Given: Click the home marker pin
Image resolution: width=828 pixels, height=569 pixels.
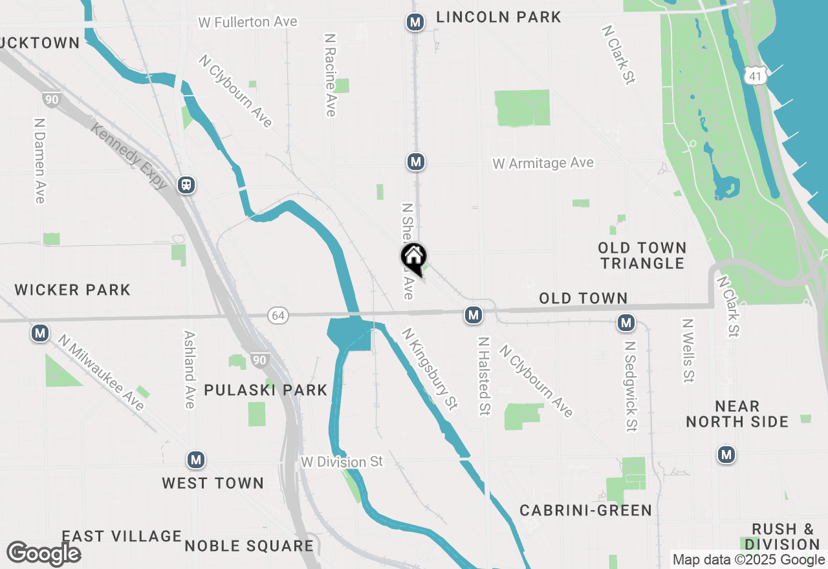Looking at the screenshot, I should coord(413,258).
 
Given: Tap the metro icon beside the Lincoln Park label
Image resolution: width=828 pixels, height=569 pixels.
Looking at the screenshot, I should coord(415,23).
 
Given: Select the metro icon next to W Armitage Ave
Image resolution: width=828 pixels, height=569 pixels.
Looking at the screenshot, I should coord(416,162).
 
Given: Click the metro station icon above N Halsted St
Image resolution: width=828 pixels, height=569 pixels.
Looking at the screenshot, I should coord(474,315).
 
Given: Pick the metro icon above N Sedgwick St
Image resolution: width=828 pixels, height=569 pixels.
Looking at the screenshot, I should coord(626,322).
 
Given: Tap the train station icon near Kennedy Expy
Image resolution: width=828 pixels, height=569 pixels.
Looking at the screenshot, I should coord(186,185).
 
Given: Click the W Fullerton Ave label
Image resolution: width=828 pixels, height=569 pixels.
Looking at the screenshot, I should coord(248,22).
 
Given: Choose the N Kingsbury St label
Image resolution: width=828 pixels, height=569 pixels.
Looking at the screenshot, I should coord(430,368).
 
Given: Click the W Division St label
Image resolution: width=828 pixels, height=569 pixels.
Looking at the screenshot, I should coord(342,462).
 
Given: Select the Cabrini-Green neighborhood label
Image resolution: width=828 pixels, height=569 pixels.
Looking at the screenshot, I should coord(586,510).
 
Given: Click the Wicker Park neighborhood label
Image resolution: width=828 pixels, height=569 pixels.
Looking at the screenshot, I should coord(72,289).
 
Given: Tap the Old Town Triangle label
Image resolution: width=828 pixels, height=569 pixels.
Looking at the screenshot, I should coord(642,255).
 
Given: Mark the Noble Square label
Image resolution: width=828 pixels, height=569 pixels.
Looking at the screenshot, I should coord(249,546).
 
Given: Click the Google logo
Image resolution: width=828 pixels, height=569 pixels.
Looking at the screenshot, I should coord(43,554).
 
